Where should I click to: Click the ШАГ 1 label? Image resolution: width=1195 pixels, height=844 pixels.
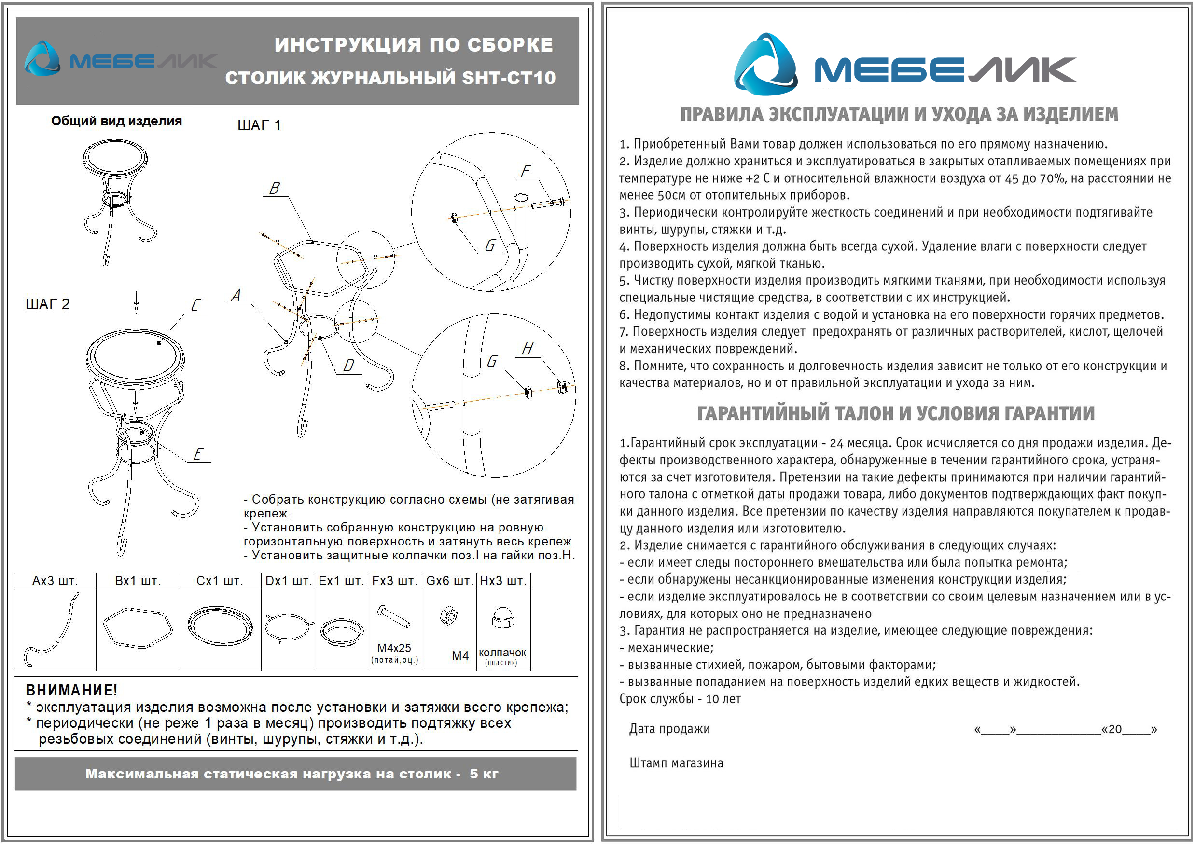click(x=259, y=125)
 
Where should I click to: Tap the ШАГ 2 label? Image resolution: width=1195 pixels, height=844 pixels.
click(x=47, y=304)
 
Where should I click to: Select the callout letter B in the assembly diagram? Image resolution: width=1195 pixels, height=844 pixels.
click(x=275, y=188)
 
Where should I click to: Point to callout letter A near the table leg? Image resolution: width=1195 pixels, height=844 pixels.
click(x=236, y=295)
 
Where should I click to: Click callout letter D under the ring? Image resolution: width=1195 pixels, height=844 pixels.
click(x=348, y=366)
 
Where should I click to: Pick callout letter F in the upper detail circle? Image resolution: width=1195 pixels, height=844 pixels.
click(x=526, y=171)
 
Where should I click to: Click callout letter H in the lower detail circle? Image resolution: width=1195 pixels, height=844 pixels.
click(x=527, y=349)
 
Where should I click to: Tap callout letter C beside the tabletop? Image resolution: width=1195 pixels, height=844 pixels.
click(x=195, y=305)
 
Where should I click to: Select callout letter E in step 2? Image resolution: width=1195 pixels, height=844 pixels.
click(x=198, y=454)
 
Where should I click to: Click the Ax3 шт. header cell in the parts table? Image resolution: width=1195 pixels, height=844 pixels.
click(x=55, y=581)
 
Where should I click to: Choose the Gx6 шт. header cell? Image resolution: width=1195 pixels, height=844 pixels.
click(x=449, y=581)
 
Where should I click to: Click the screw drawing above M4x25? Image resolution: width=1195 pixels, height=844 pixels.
click(x=394, y=617)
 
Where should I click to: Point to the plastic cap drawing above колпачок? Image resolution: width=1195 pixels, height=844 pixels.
click(x=503, y=618)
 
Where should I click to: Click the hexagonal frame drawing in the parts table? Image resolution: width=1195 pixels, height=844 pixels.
click(x=138, y=628)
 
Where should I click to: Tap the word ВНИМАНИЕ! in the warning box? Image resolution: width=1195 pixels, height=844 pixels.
click(x=72, y=690)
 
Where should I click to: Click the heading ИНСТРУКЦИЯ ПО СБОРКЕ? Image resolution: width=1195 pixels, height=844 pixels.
click(x=413, y=45)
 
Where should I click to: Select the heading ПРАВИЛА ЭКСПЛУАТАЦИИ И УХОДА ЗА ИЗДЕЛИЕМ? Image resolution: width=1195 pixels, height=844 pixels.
click(x=899, y=114)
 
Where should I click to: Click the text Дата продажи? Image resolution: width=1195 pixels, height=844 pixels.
click(x=669, y=729)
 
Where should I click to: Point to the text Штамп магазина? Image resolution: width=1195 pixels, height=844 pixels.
click(x=676, y=763)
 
